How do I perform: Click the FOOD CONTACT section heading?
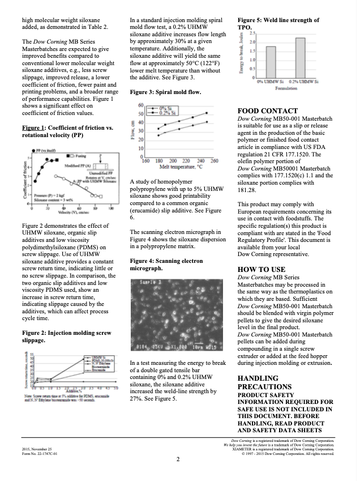268,111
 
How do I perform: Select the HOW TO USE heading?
262,270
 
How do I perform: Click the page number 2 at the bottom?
178,459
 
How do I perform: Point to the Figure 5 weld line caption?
278,23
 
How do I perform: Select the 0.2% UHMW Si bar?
300,57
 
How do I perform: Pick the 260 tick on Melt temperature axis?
214,161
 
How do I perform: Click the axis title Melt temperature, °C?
180,167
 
